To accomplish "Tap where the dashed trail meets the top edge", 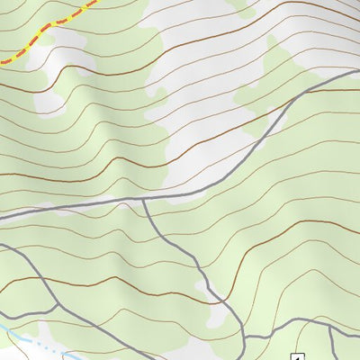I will tap(94, 2).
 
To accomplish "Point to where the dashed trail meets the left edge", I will tap(2, 61).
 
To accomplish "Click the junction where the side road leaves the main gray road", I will tap(143, 201).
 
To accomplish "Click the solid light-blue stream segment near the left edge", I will tap(11, 331).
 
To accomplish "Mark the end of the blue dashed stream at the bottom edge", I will tap(67, 358).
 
